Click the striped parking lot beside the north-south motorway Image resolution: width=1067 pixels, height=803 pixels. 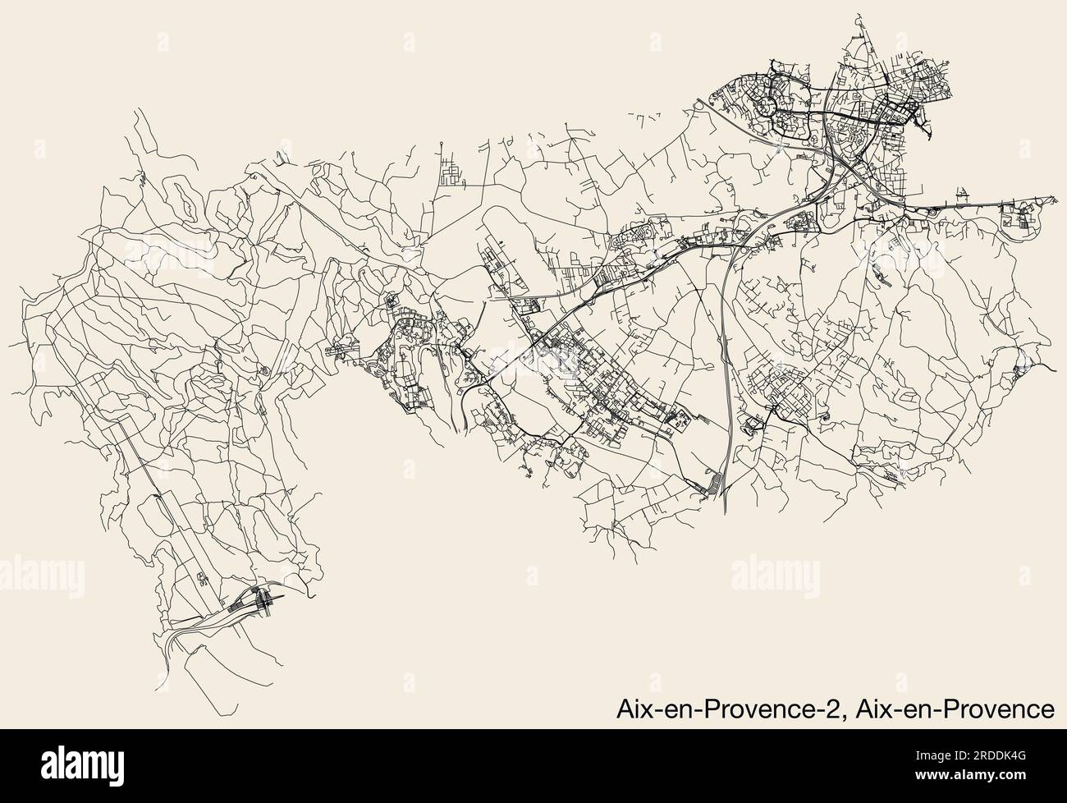pyautogui.click(x=714, y=484)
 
